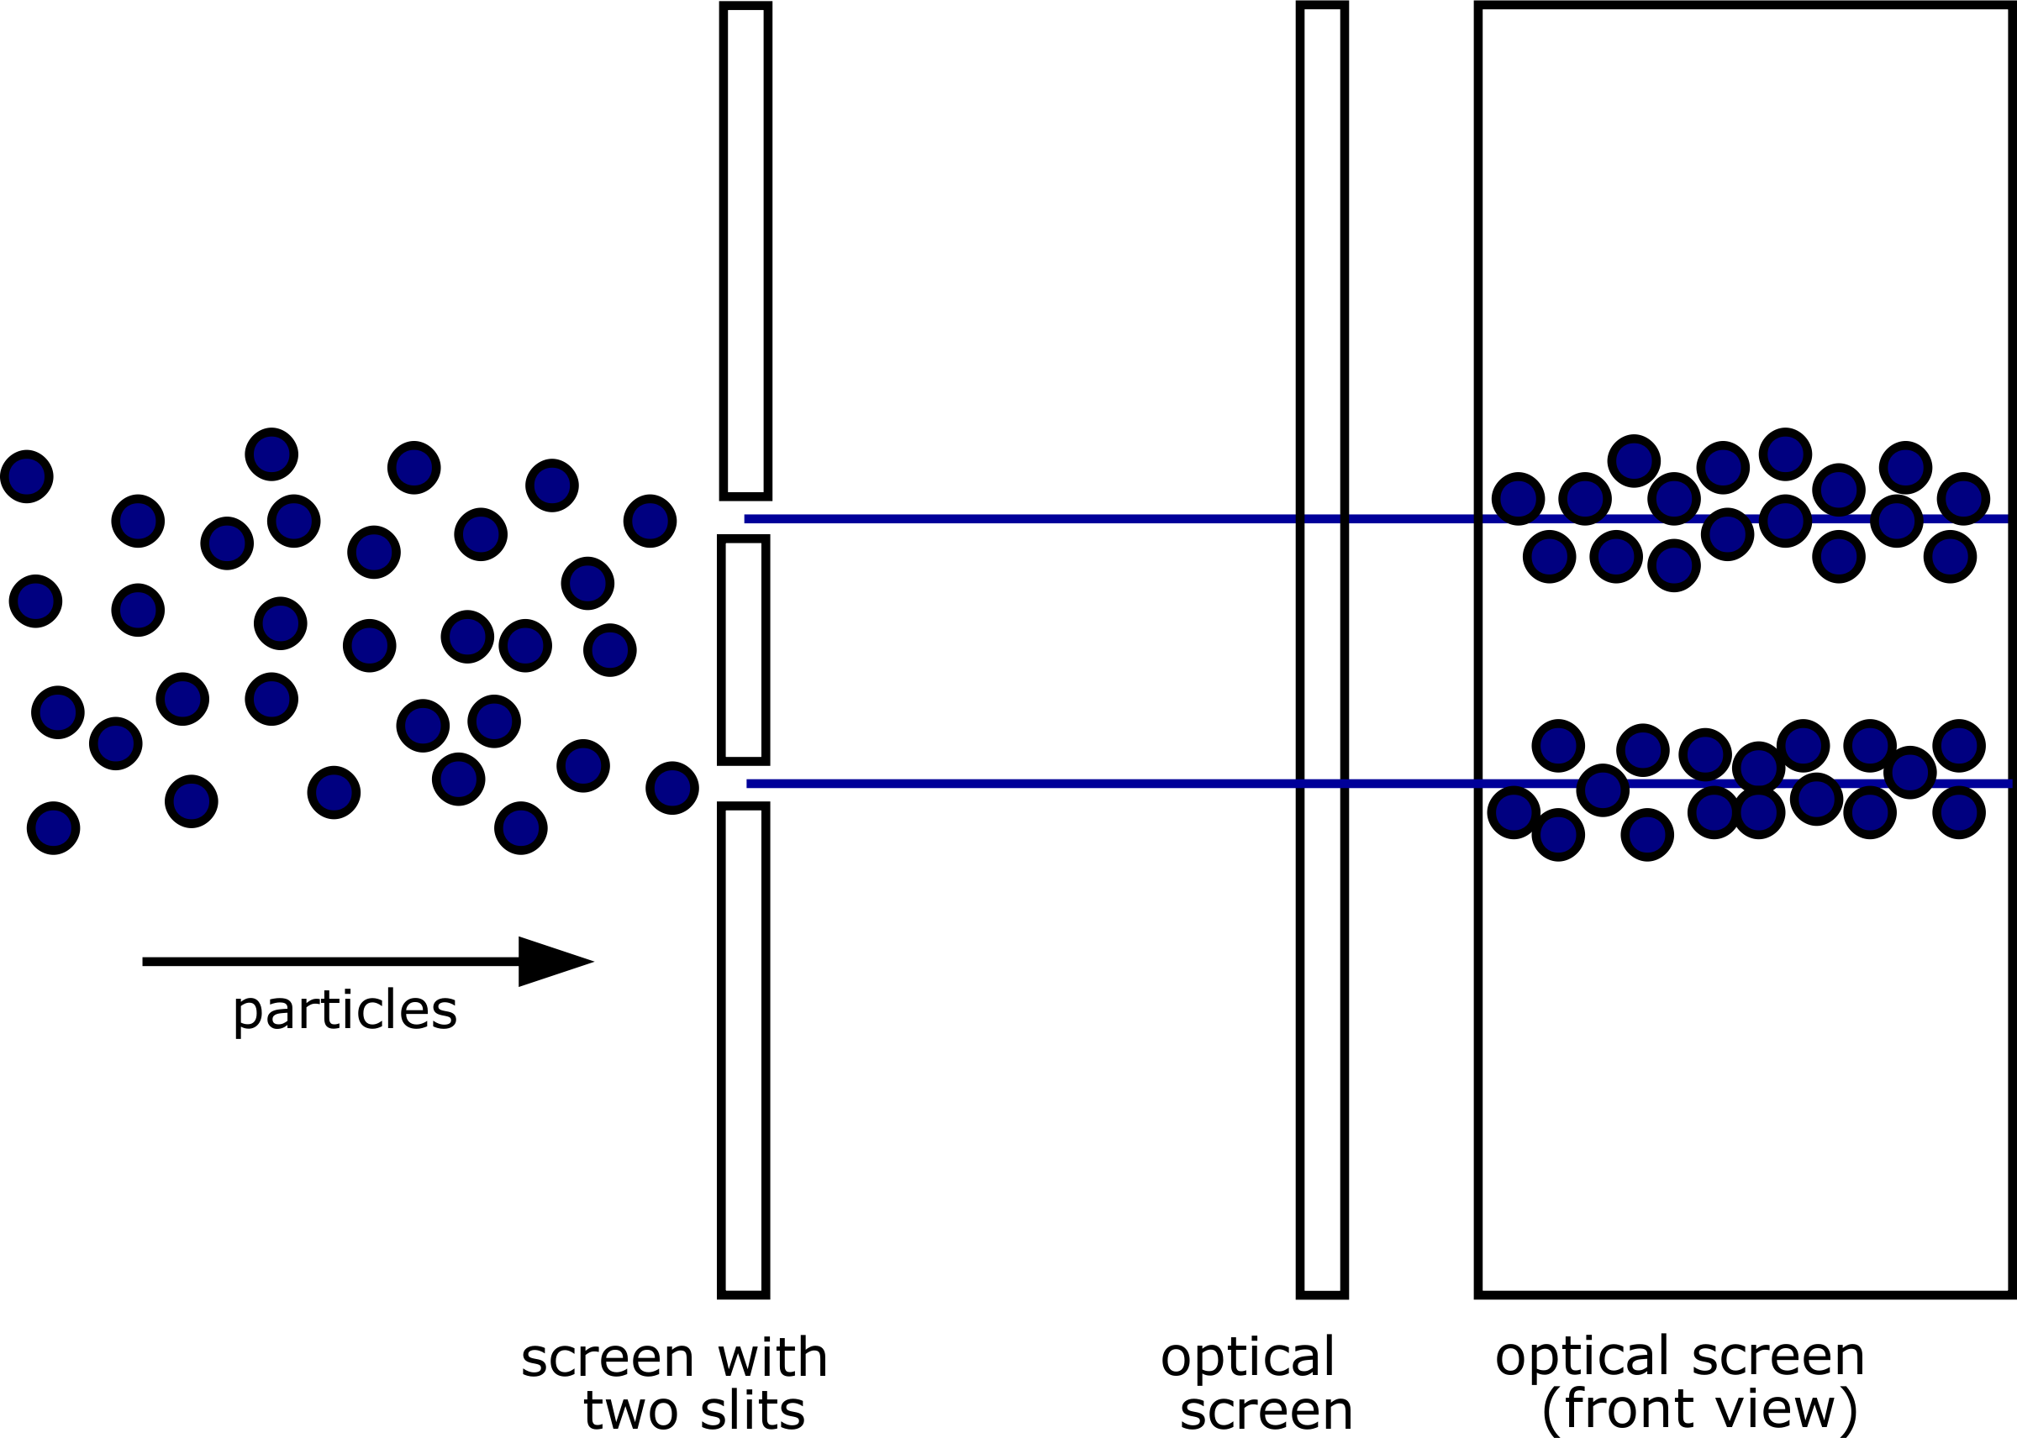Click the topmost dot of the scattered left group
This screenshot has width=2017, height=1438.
pos(271,454)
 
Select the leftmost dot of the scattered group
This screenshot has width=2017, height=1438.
pos(27,476)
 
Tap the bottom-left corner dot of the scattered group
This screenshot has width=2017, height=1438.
pos(53,828)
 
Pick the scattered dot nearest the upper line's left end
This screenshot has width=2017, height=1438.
pos(650,521)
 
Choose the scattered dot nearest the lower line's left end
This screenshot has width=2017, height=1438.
pos(672,788)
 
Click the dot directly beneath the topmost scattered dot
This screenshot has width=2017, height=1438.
pos(293,521)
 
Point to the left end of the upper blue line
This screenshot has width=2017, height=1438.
pos(745,519)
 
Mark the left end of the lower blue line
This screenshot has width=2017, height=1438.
pos(749,784)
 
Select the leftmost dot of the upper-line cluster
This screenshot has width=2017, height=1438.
pos(1518,499)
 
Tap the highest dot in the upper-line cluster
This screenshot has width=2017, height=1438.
pos(1785,454)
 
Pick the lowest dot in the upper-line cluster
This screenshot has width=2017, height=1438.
pos(1673,565)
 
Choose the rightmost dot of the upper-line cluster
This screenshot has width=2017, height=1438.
pos(1963,499)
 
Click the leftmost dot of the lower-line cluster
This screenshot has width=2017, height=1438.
pos(1514,812)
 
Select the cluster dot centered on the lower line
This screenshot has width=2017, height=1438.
pos(1603,790)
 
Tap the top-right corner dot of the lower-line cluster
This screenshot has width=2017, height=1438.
pos(1958,746)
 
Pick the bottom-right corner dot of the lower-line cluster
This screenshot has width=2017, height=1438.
pos(1958,812)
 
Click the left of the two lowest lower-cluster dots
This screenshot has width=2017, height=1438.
pos(1558,834)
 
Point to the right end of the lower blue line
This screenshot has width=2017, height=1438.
pos(2010,783)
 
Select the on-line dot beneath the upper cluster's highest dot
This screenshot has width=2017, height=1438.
pos(1785,521)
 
